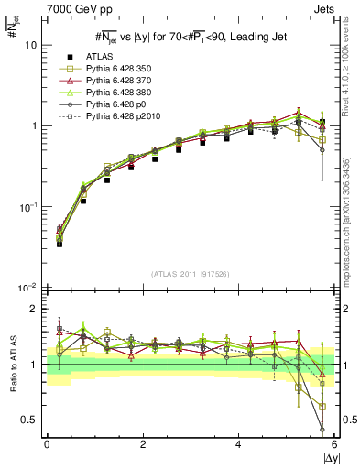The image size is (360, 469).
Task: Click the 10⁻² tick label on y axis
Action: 29,288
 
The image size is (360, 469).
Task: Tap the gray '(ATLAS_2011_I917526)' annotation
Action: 191,275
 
